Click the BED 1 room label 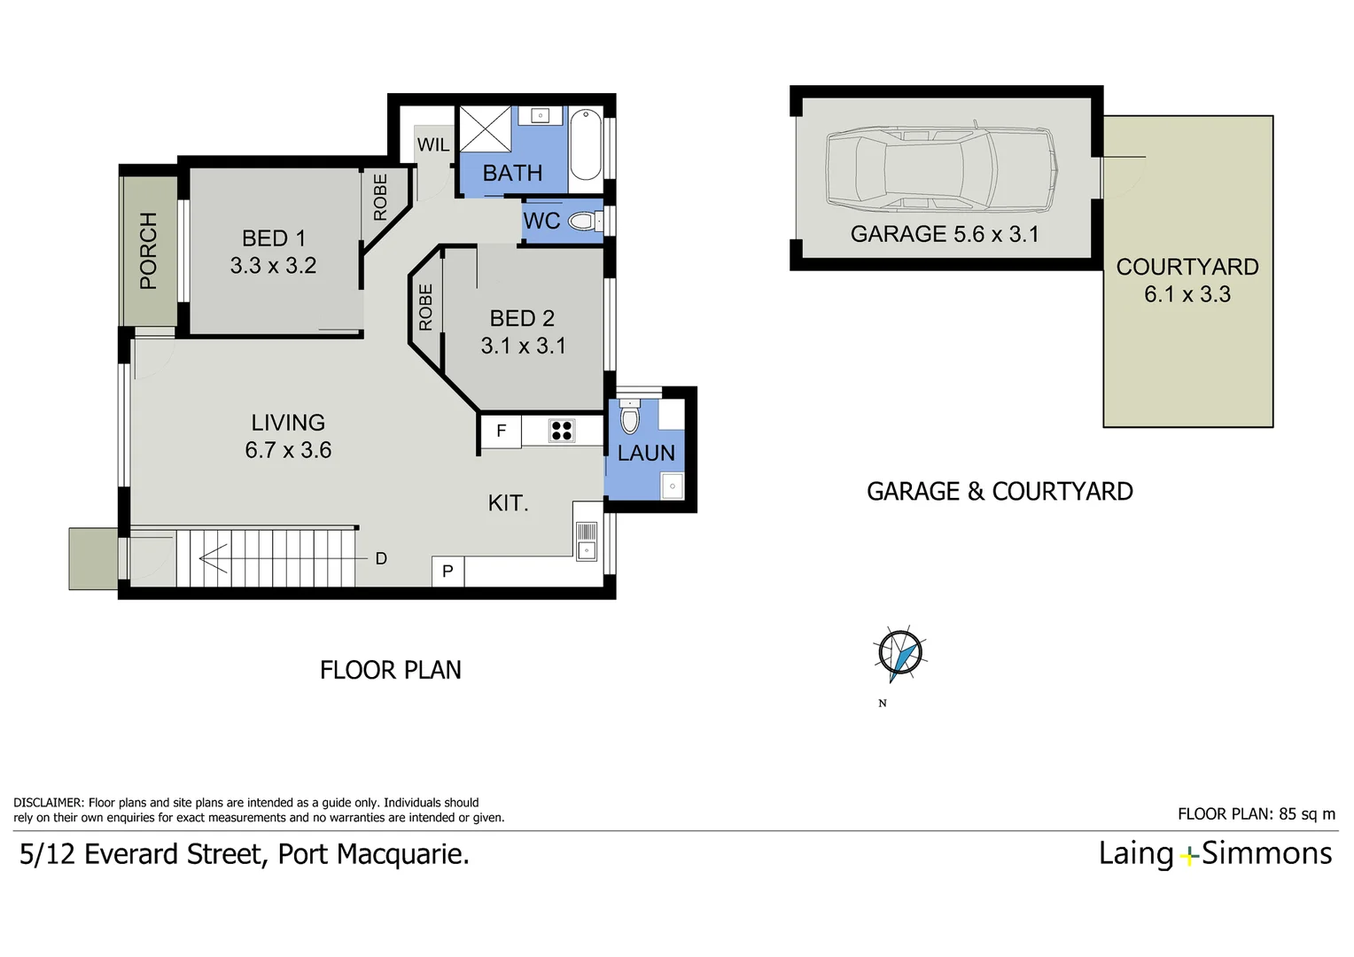tap(273, 238)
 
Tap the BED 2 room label tap(522, 318)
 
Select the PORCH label tap(148, 251)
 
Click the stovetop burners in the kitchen tap(562, 431)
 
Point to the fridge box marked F tap(501, 432)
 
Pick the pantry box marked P tap(447, 572)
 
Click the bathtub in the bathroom tap(586, 144)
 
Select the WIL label tap(433, 144)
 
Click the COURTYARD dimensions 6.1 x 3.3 tap(1187, 294)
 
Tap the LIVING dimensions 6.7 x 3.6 tap(288, 450)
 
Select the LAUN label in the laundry tap(646, 453)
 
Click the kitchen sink tap(587, 541)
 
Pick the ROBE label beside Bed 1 tap(381, 197)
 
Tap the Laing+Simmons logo tap(1215, 853)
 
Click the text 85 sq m tap(1307, 813)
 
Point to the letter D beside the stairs tap(381, 558)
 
